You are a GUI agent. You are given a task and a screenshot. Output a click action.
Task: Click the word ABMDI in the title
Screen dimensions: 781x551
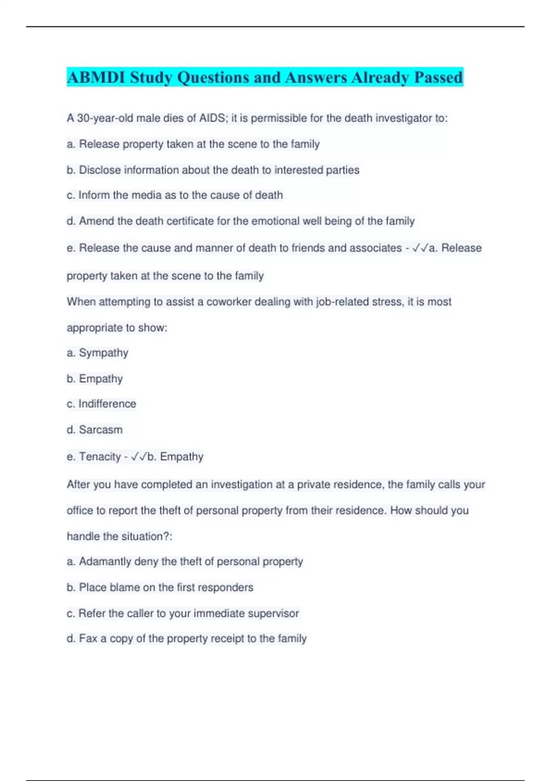96,77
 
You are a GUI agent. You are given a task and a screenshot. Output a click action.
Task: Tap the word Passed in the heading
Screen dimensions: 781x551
438,77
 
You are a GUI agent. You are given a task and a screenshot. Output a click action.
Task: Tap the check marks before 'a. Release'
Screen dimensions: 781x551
420,248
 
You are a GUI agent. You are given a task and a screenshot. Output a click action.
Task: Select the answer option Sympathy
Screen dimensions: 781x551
103,353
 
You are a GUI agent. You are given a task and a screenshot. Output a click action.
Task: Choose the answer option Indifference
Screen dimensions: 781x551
107,404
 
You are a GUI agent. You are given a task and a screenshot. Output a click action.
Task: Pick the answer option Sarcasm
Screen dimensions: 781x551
101,430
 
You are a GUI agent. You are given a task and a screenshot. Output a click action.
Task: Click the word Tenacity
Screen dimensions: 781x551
100,457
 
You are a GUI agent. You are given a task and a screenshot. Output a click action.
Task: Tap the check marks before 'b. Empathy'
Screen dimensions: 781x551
139,457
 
